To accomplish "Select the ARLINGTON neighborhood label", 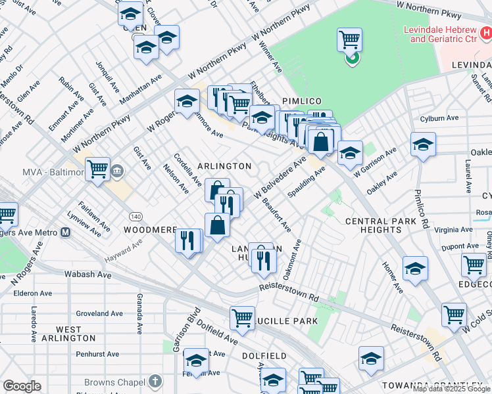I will (x=224, y=166).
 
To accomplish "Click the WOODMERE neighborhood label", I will (x=151, y=230).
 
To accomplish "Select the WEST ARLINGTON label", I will (x=68, y=334).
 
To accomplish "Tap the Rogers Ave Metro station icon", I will (x=65, y=232).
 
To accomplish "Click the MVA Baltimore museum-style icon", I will (x=117, y=172).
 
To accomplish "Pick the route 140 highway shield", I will (x=135, y=215).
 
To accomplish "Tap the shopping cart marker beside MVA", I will (x=97, y=169).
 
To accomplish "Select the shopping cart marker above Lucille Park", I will (x=242, y=318).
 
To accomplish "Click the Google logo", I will (x=22, y=386).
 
